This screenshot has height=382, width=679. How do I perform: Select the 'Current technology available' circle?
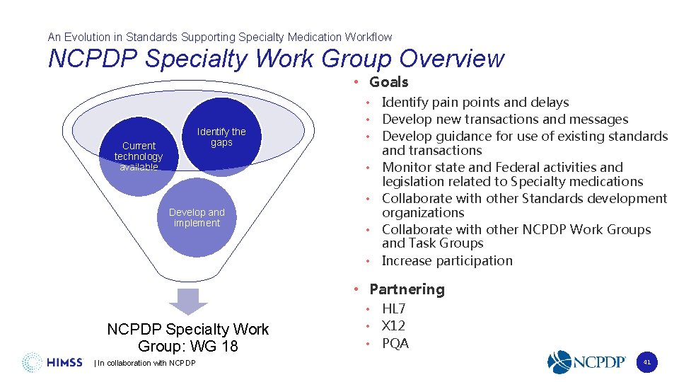pyautogui.click(x=139, y=156)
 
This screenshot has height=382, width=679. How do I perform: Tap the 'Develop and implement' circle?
pyautogui.click(x=197, y=218)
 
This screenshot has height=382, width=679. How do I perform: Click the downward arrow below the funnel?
pyautogui.click(x=188, y=301)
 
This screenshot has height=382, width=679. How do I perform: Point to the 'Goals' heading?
pyautogui.click(x=388, y=82)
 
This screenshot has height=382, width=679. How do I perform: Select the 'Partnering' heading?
pyautogui.click(x=407, y=289)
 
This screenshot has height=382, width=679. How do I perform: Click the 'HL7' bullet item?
pyautogui.click(x=393, y=308)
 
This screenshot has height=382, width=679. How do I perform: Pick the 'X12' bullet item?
pyautogui.click(x=393, y=326)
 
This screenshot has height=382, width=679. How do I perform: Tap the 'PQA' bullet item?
pyautogui.click(x=395, y=344)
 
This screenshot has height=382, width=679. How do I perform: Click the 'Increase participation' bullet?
pyautogui.click(x=446, y=260)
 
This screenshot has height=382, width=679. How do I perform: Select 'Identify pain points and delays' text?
pyautogui.click(x=475, y=103)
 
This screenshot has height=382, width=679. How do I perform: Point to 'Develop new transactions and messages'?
pyautogui.click(x=504, y=120)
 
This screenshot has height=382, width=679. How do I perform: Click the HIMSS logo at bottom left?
pyautogui.click(x=54, y=362)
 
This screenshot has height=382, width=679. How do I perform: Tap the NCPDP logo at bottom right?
pyautogui.click(x=586, y=362)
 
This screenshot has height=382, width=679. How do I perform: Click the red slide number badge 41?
pyautogui.click(x=646, y=362)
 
